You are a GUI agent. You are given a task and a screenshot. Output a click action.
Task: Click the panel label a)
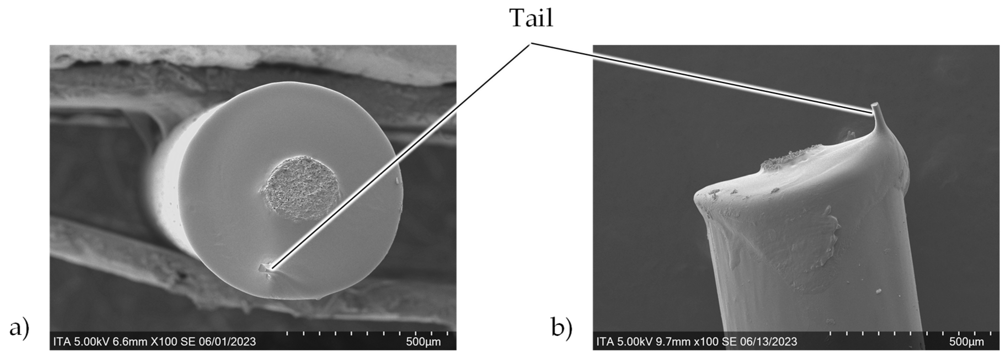tap(19, 327)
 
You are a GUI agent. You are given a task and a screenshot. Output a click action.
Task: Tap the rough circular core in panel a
tap(301, 188)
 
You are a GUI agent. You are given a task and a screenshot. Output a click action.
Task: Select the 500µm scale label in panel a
tap(423, 342)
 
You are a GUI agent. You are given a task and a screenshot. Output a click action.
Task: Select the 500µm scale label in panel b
tap(966, 342)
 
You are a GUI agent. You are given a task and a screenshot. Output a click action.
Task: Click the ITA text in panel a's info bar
tap(62, 342)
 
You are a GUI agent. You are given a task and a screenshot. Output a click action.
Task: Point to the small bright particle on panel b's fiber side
tap(879, 291)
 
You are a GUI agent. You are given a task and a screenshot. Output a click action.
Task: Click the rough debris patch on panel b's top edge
tap(786, 158)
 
